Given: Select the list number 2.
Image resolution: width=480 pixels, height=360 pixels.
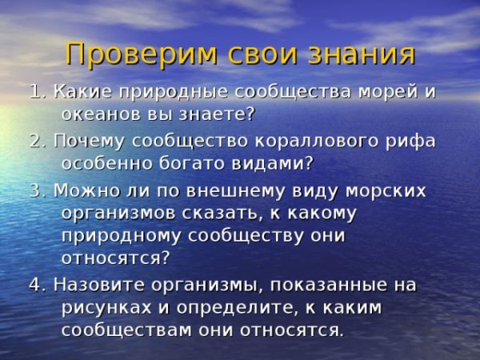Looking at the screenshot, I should [x=35, y=142].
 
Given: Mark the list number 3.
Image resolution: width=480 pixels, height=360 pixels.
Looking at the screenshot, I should [x=35, y=191].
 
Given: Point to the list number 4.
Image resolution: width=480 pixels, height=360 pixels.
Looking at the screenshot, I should [x=35, y=285].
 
